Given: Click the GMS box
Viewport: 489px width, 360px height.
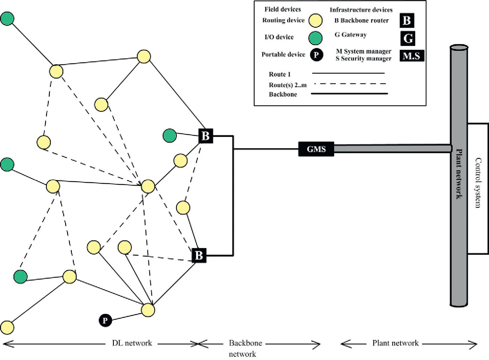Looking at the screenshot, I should pyautogui.click(x=316, y=149).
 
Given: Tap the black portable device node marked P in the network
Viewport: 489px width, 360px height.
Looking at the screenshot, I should pyautogui.click(x=105, y=320).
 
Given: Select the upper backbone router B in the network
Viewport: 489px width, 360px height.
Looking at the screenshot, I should pyautogui.click(x=205, y=136).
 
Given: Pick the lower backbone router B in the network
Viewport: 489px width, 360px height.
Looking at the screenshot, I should pyautogui.click(x=199, y=255).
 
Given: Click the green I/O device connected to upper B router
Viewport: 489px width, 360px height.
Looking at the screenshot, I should pyautogui.click(x=169, y=135).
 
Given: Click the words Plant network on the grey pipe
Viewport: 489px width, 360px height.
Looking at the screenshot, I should pyautogui.click(x=459, y=174).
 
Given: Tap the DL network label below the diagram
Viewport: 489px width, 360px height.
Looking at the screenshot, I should pyautogui.click(x=132, y=343).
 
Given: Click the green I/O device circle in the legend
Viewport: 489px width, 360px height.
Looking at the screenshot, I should pyautogui.click(x=315, y=38).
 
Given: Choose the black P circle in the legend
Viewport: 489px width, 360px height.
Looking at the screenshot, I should pyautogui.click(x=316, y=55).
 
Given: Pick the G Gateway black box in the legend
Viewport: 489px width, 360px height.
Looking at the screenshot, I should pyautogui.click(x=408, y=38).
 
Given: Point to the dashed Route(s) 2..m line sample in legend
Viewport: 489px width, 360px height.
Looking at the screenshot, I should pyautogui.click(x=349, y=84).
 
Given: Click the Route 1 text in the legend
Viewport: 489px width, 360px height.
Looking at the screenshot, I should pyautogui.click(x=280, y=74).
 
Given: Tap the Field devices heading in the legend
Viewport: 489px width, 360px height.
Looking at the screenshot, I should pyautogui.click(x=283, y=9).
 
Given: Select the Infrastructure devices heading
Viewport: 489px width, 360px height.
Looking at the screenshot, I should pyautogui.click(x=361, y=10).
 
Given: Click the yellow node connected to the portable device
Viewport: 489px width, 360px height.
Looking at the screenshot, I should pyautogui.click(x=148, y=310).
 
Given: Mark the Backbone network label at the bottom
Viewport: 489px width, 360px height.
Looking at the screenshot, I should pyautogui.click(x=245, y=348).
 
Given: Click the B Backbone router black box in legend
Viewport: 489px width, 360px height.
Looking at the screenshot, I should pyautogui.click(x=407, y=20).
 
